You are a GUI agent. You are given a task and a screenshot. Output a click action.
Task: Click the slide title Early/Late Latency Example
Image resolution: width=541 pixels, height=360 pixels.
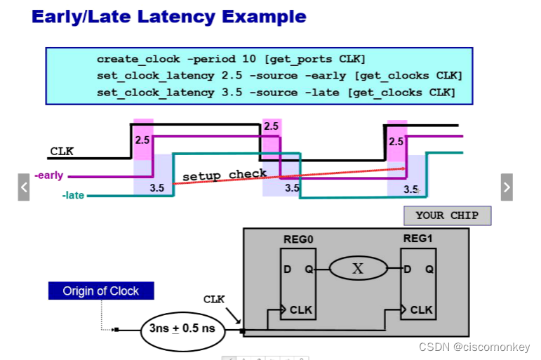[169, 17]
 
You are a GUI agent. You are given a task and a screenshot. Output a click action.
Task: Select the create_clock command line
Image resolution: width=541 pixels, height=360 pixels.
[231, 59]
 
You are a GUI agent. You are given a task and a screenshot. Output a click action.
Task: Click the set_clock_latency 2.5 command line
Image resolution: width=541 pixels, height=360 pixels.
[279, 76]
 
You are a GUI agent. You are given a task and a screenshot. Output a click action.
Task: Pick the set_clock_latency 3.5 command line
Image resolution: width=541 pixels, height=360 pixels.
[276, 92]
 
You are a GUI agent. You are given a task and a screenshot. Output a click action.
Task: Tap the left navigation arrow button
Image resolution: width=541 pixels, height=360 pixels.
[24, 187]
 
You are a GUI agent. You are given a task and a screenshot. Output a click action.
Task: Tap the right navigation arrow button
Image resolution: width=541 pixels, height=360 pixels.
[507, 187]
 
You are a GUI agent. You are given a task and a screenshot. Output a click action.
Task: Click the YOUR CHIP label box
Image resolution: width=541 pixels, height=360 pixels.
[447, 215]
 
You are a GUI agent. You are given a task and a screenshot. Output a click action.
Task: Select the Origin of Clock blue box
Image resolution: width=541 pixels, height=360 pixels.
[101, 291]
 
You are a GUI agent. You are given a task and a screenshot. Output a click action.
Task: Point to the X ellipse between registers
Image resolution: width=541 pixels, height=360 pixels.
[358, 268]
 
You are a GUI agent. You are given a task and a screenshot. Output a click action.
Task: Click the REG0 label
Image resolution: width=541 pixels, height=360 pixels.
[298, 239]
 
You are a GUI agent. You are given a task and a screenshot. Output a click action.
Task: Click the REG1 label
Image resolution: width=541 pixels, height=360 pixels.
[418, 239]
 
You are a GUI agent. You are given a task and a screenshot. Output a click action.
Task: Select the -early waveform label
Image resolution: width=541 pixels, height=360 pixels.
[48, 175]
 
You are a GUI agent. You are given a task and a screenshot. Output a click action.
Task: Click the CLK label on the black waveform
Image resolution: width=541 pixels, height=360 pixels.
[62, 151]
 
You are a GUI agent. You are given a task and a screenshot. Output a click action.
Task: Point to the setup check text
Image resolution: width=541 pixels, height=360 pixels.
[225, 175]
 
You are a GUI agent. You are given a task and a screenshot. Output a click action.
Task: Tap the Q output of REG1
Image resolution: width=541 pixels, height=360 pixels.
[429, 269]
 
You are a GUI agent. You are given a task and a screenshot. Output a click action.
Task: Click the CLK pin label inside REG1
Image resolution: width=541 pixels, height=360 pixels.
[421, 309]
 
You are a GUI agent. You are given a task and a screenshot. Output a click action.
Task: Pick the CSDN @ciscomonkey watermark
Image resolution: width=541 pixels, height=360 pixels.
[474, 347]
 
